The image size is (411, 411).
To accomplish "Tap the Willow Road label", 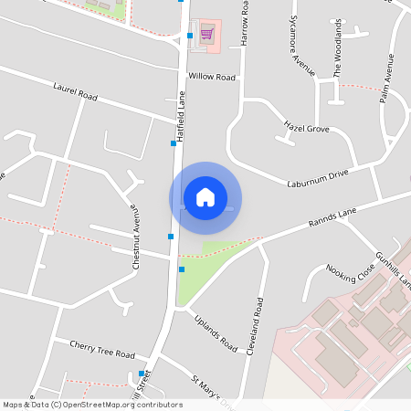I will point(212,77).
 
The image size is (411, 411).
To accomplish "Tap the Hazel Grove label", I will point(306,129).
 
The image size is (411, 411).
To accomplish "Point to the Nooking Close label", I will point(351,273).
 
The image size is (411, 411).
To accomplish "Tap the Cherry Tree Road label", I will point(102,350).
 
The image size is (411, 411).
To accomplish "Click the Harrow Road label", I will point(245,23).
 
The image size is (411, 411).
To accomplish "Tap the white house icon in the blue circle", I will point(205,196).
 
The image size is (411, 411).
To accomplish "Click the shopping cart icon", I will point(207,35).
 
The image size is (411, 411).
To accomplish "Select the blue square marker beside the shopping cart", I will point(190,36).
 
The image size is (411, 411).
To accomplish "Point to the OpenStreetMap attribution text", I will point(91,405).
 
